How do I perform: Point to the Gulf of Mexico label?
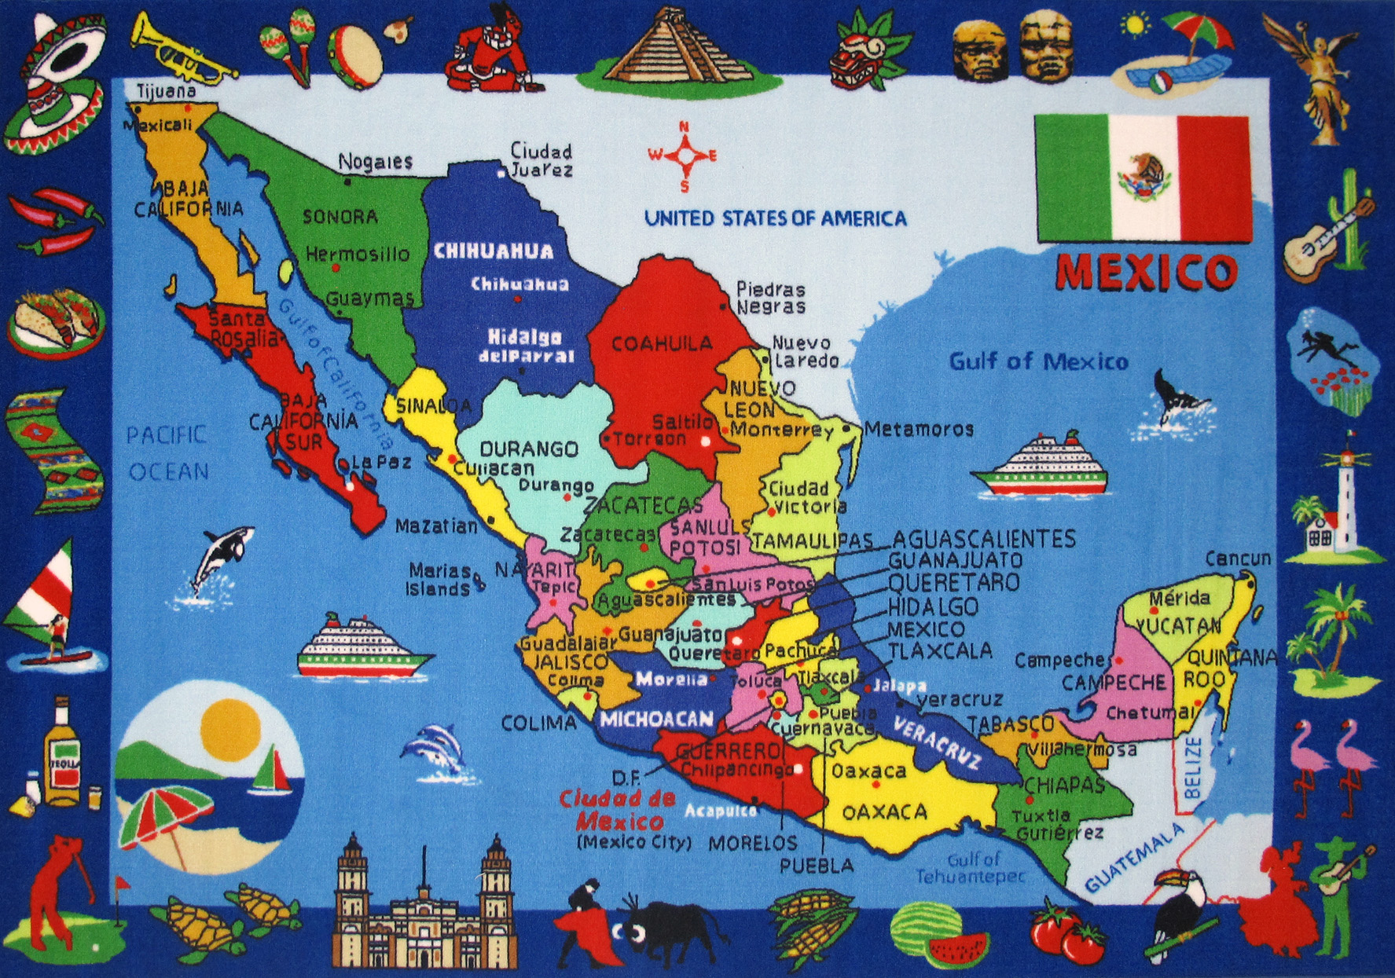(x=1038, y=361)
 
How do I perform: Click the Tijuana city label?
(x=166, y=91)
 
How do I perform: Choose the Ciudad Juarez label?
(x=541, y=159)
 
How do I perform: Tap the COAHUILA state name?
(x=662, y=343)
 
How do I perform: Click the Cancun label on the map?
(x=1238, y=559)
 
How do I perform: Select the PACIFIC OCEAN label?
(x=168, y=452)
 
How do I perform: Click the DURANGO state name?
(x=529, y=449)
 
